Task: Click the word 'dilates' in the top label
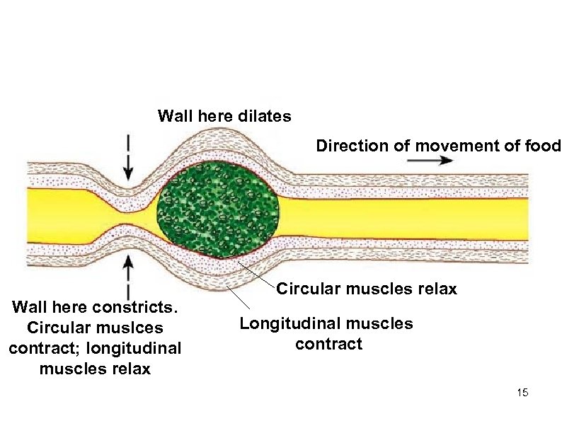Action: [x=265, y=116]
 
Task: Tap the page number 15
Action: [x=523, y=393]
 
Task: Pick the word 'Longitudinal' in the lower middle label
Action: [x=285, y=324]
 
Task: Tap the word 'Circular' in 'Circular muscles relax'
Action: [x=305, y=289]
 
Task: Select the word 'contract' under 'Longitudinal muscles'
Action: [x=328, y=345]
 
